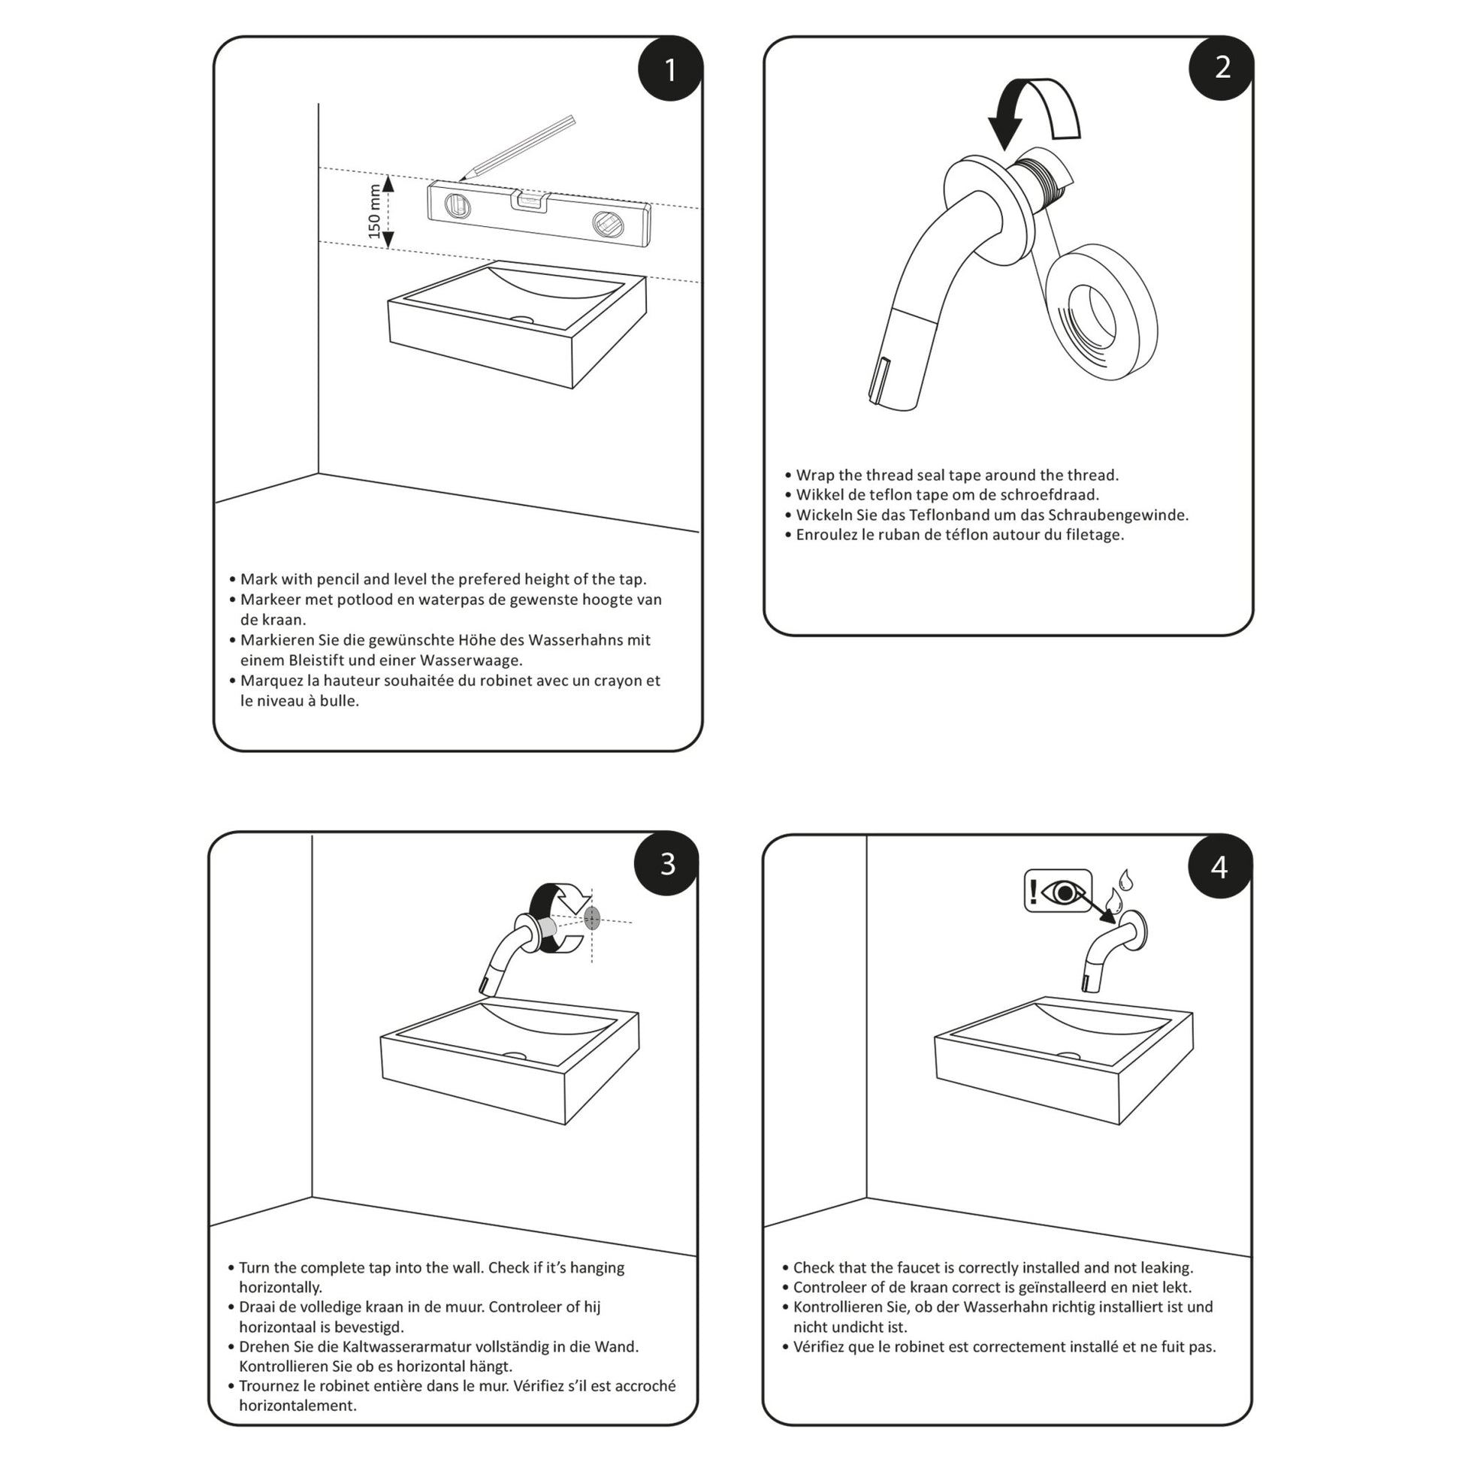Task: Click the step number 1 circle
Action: pos(669,70)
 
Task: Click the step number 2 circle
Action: pos(1222,68)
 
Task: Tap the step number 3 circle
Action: pos(666,863)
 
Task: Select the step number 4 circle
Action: pos(1219,866)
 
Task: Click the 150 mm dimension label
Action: pos(375,211)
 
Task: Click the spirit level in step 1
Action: pos(538,213)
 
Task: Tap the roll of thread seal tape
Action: pos(1103,311)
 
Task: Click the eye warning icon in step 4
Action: pos(1057,891)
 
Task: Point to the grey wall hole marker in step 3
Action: pos(592,919)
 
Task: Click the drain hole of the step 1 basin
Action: pos(521,319)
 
